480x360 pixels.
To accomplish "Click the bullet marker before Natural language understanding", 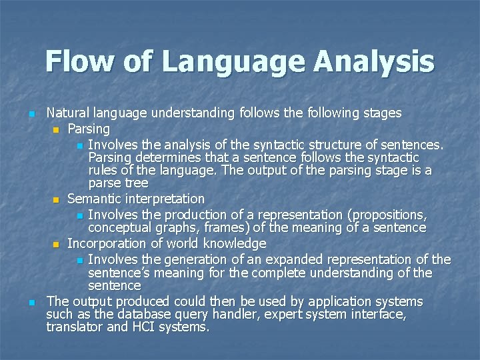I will click(x=31, y=114).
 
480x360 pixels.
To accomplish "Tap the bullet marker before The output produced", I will click(x=31, y=303).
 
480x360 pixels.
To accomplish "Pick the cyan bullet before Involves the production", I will click(x=79, y=215).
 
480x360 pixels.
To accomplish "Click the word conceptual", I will click(x=121, y=228).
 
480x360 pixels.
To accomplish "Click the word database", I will click(x=129, y=315).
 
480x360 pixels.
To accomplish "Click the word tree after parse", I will click(x=135, y=183).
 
